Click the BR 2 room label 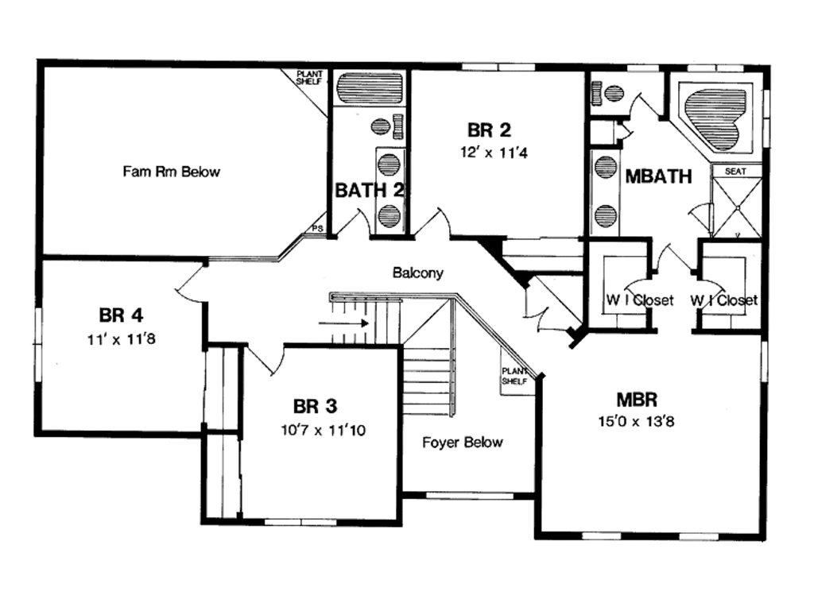point(488,129)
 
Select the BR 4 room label point(121,315)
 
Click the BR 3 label point(316,407)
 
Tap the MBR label point(636,397)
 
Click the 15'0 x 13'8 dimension point(637,420)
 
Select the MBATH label point(658,176)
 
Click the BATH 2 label point(369,190)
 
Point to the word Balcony point(417,273)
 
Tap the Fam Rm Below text point(171,171)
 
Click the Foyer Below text point(463,443)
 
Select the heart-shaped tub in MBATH point(715,114)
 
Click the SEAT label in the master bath point(735,170)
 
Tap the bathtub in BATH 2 point(369,87)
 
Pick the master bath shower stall point(735,207)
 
